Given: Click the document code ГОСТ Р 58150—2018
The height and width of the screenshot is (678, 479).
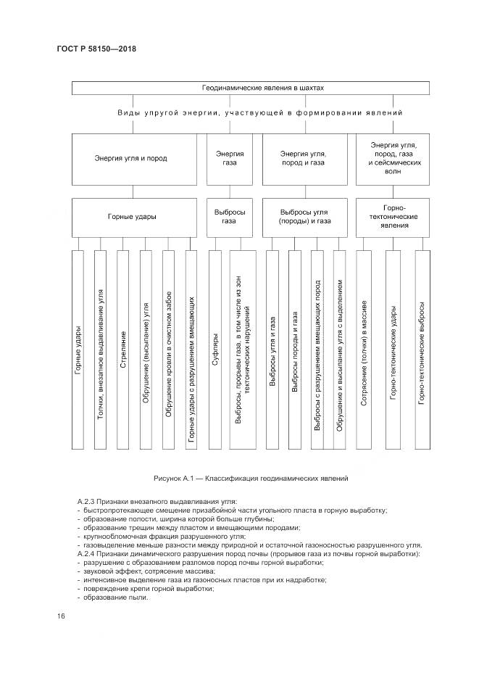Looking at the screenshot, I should pyautogui.click(x=96, y=49).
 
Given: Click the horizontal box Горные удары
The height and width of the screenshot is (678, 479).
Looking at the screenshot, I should pyautogui.click(x=138, y=216).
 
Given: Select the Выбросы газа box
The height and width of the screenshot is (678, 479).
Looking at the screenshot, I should pyautogui.click(x=233, y=216).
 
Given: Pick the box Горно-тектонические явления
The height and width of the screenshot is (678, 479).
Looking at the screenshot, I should pyautogui.click(x=394, y=216).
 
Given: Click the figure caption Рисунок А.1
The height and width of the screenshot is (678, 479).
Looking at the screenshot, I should pyautogui.click(x=251, y=479).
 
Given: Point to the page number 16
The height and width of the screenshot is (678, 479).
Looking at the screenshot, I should pyautogui.click(x=61, y=616).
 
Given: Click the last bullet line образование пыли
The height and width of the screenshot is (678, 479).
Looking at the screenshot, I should pyautogui.click(x=116, y=597).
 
